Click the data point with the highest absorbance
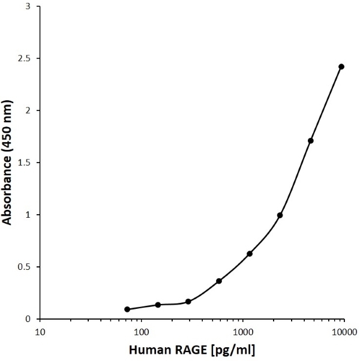(341, 67)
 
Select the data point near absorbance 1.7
(310, 140)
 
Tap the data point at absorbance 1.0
(280, 215)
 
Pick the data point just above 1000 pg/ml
(250, 254)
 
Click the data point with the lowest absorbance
(127, 309)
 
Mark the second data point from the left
(158, 305)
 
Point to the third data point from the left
(188, 302)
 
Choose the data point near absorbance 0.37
(219, 281)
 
